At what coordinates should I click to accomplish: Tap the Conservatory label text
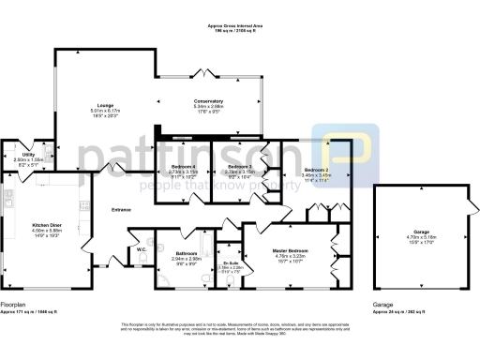tap(208, 101)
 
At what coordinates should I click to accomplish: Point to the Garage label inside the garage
tap(413, 232)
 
